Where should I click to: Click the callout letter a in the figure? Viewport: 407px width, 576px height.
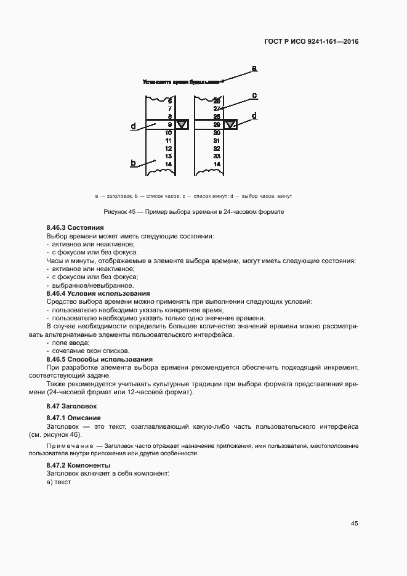coord(254,67)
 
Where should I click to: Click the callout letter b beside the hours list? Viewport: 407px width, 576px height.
coord(133,163)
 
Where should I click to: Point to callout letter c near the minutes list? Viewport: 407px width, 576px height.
coord(254,95)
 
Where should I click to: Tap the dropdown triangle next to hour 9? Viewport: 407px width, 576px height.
coord(182,125)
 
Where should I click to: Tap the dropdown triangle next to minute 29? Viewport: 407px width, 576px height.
coord(230,125)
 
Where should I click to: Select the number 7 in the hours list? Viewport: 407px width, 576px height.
coord(169,108)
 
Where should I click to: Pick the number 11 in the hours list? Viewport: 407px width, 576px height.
coord(168,140)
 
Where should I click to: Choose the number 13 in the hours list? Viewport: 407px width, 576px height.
coord(168,156)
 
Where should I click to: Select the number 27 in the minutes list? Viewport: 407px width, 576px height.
coord(216,108)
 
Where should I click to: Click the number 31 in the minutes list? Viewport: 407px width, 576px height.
coord(216,140)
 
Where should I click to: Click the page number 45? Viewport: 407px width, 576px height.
coord(354,524)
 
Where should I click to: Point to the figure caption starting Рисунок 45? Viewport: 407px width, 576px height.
coord(193,212)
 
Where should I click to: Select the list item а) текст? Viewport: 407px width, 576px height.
coord(58,482)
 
